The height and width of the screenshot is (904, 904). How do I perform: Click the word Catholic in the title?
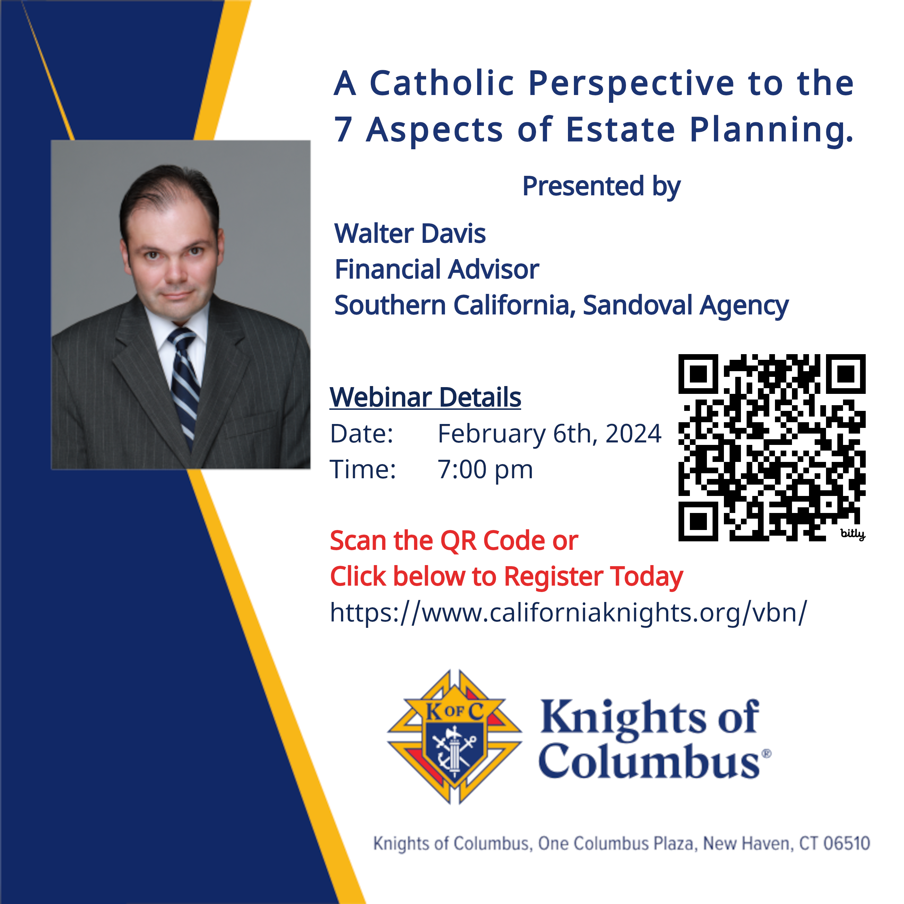pyautogui.click(x=442, y=83)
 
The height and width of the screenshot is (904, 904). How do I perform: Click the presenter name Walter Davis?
pyautogui.click(x=410, y=234)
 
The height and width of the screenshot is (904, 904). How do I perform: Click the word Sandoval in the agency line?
pyautogui.click(x=637, y=305)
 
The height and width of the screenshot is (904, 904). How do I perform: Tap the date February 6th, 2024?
pyautogui.click(x=549, y=433)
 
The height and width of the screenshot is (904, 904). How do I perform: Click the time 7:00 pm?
pyautogui.click(x=485, y=469)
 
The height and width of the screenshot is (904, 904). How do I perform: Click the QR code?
pyautogui.click(x=771, y=447)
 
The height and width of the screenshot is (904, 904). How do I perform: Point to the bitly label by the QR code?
pyautogui.click(x=853, y=534)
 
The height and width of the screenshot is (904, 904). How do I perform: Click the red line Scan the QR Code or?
pyautogui.click(x=454, y=541)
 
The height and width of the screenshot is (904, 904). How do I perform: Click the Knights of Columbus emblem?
pyautogui.click(x=454, y=737)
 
